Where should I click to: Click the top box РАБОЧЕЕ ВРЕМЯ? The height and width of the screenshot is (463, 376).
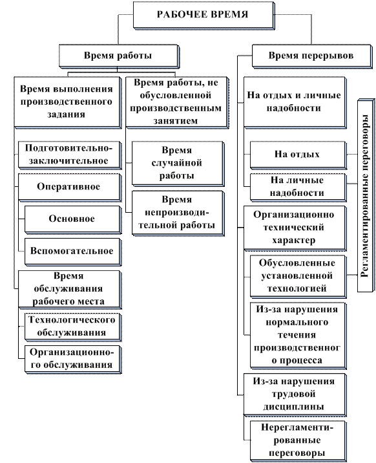tap(204, 16)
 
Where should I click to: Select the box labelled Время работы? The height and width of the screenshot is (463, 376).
tap(119, 56)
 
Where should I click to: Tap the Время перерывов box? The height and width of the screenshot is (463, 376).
tap(311, 56)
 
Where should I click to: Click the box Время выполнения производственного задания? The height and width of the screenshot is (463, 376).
tap(68, 102)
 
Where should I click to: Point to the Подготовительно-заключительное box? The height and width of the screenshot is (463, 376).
tap(70, 155)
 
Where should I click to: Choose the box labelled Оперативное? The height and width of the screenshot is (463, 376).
tap(70, 188)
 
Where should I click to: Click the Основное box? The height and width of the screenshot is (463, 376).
tap(73, 219)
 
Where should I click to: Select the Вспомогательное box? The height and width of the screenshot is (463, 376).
tap(73, 252)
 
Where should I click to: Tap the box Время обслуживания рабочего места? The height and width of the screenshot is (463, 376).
tap(70, 290)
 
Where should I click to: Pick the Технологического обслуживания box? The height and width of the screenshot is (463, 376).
tap(73, 327)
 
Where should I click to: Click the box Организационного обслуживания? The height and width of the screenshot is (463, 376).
tap(73, 360)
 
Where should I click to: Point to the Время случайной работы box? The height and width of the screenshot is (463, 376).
tap(178, 164)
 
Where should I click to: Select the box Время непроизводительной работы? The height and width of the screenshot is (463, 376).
tap(178, 213)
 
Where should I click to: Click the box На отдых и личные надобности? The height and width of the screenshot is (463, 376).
tap(295, 102)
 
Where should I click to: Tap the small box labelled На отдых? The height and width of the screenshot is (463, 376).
tap(298, 155)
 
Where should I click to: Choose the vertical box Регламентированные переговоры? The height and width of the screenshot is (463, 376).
tap(366, 196)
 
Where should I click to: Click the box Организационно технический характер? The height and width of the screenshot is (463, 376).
tap(295, 228)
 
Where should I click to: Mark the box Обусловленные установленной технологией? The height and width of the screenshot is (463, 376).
tap(298, 277)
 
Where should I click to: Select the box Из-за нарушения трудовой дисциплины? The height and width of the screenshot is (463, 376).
tap(295, 395)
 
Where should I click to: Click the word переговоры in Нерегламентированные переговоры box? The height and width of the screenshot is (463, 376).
tap(297, 453)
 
